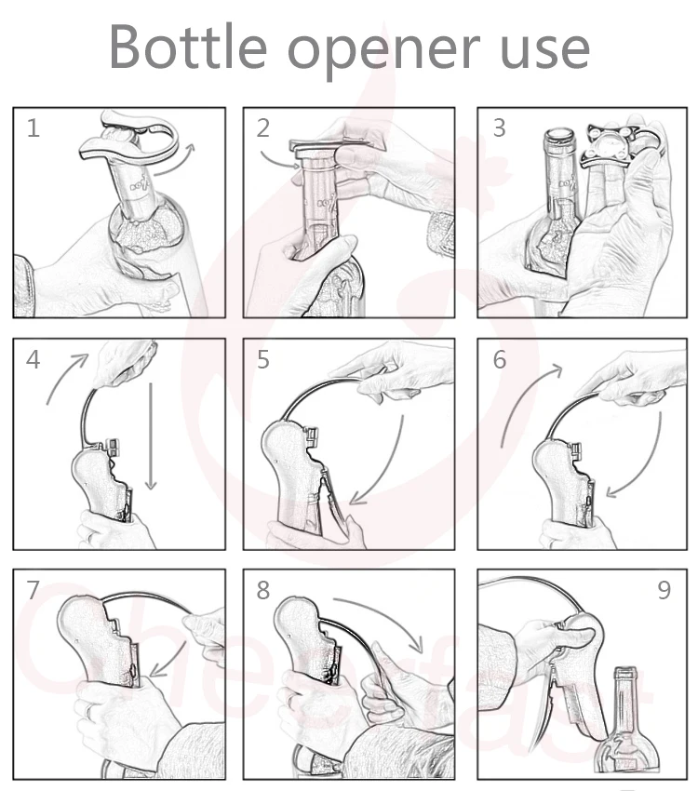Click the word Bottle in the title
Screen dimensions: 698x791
188,47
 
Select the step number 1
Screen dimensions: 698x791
34,128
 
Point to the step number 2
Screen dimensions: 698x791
263,128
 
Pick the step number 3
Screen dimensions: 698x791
499,128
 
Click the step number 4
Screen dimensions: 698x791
34,360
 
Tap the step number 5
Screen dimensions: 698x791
263,360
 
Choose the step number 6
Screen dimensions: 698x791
499,360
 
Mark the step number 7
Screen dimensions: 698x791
33,590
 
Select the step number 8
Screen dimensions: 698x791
263,590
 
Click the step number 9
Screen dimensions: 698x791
664,590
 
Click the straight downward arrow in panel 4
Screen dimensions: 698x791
150,436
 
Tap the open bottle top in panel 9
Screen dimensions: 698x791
625,672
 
